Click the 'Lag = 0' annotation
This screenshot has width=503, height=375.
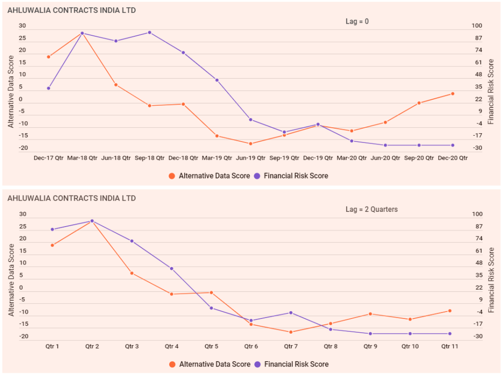click(x=357, y=21)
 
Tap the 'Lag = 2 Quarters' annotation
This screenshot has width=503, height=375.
click(x=372, y=209)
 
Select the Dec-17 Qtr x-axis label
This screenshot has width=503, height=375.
click(x=49, y=158)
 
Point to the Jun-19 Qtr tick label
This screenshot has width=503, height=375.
click(x=250, y=158)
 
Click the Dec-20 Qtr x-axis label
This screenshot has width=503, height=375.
click(x=452, y=158)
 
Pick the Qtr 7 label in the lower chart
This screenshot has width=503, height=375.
click(x=291, y=346)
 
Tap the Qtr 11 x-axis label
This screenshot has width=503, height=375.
click(x=449, y=346)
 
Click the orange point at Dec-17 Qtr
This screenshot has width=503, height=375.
click(x=49, y=57)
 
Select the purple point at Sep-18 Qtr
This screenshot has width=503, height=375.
click(x=149, y=32)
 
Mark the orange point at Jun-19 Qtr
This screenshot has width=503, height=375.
click(x=250, y=144)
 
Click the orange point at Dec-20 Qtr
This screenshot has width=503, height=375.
click(x=452, y=94)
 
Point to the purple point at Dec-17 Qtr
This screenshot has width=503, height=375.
click(x=49, y=88)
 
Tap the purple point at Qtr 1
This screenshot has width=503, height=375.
click(x=52, y=230)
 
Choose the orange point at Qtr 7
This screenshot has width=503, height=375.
click(x=291, y=332)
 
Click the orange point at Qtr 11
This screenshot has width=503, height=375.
click(x=449, y=311)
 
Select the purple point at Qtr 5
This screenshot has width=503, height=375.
click(x=211, y=308)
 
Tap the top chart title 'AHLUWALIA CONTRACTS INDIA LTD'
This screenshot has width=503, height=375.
click(x=72, y=10)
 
